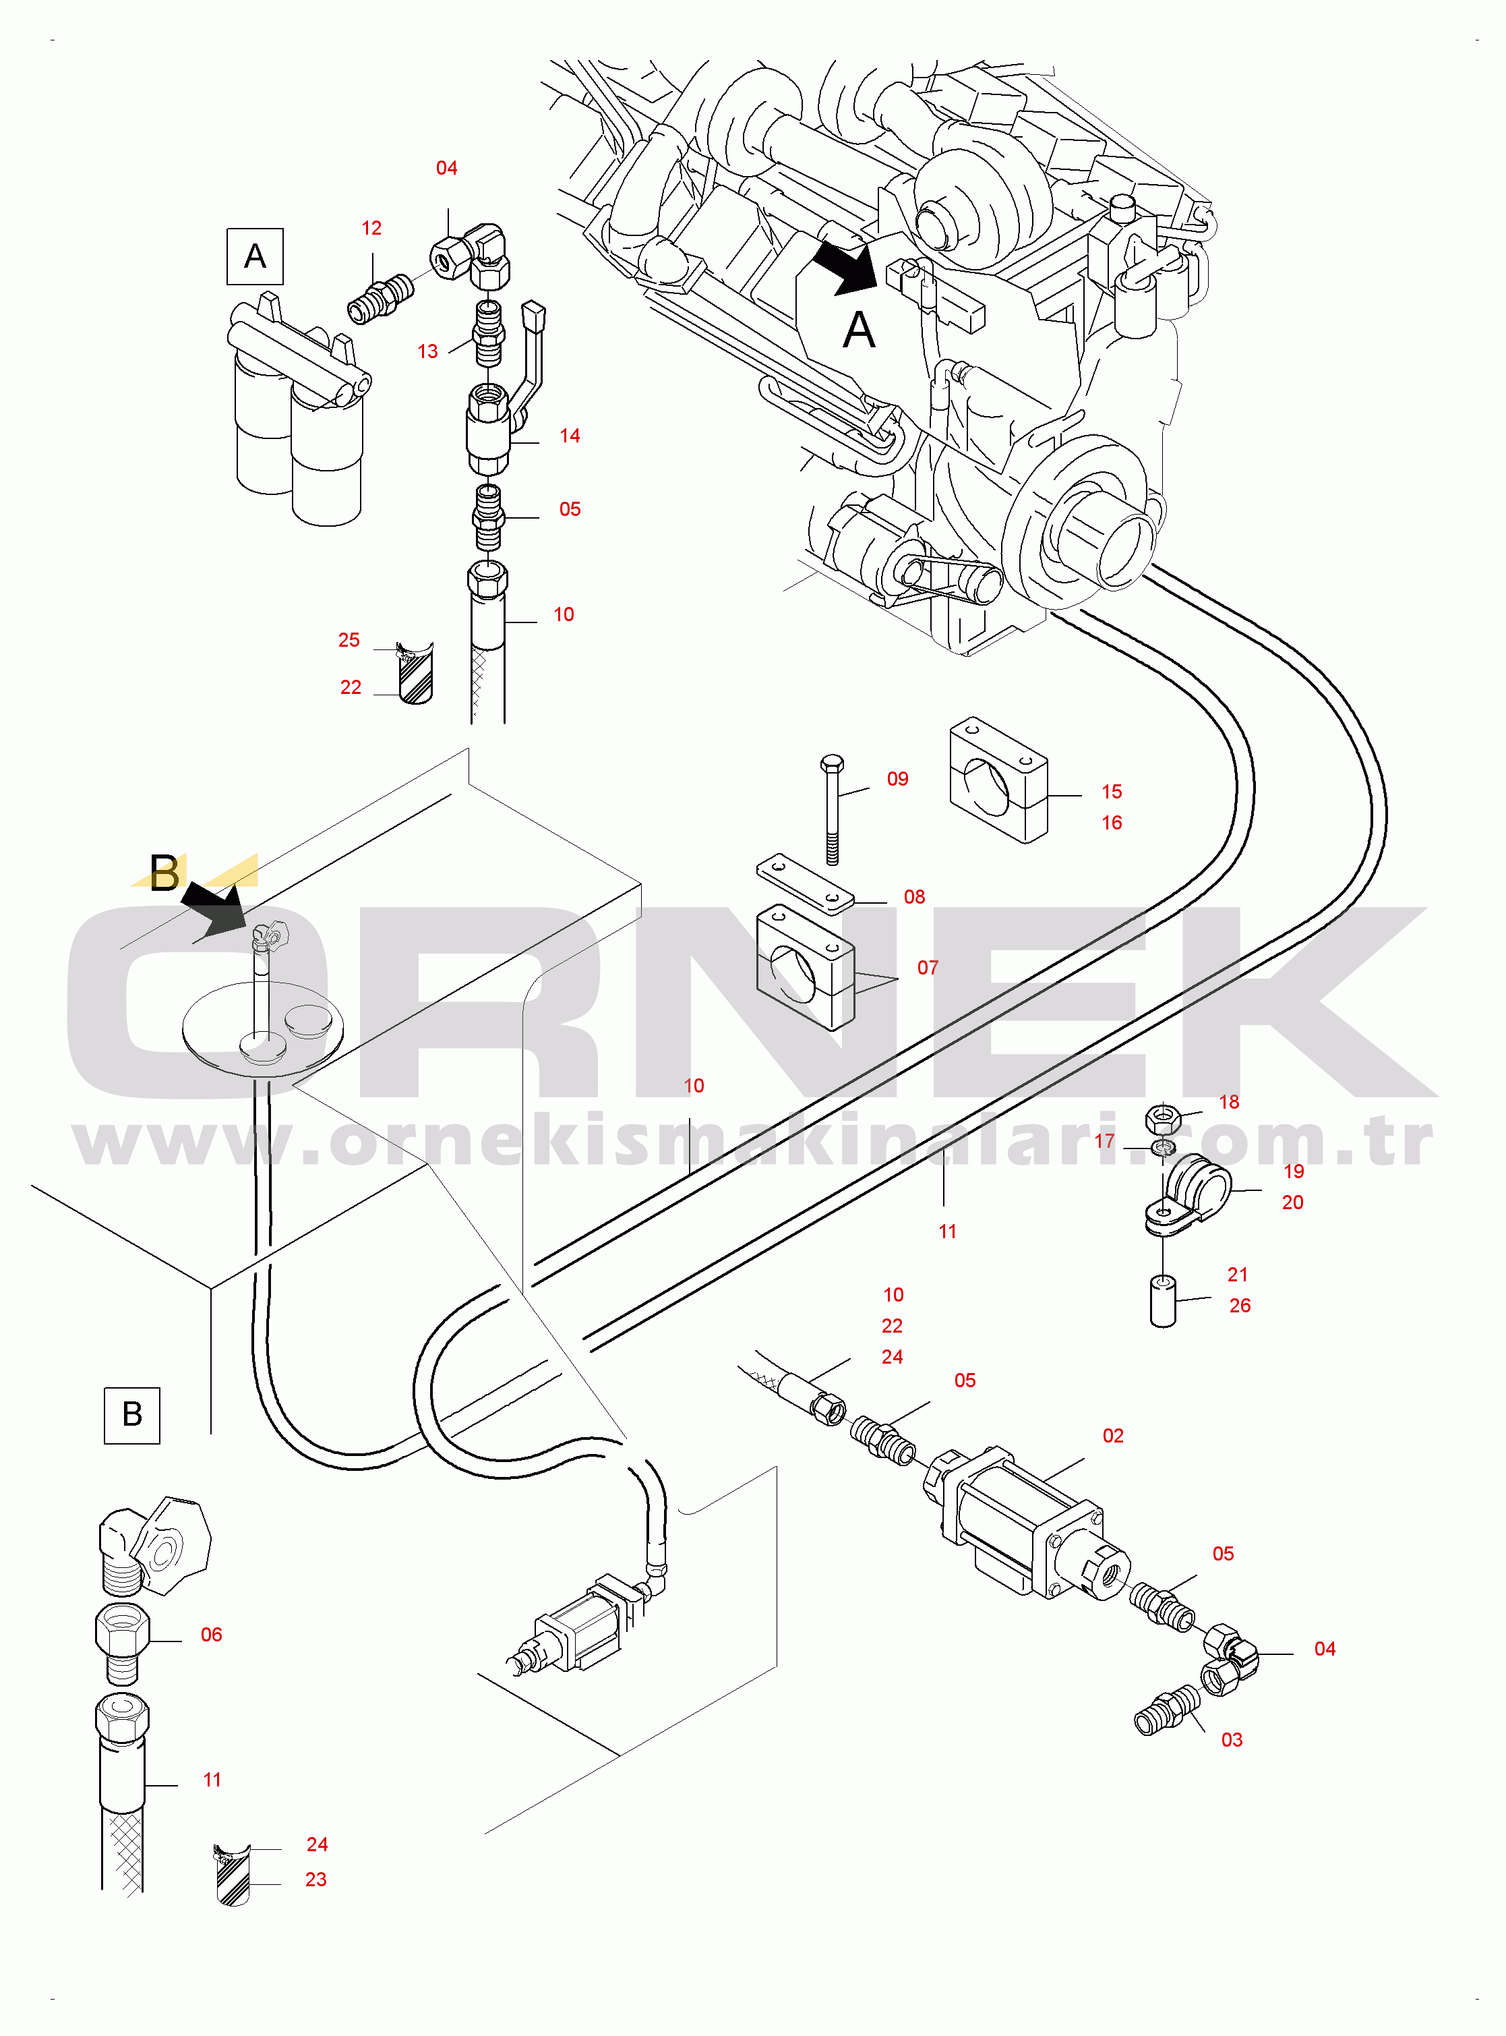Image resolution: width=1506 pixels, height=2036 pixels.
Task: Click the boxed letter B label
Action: (x=132, y=1415)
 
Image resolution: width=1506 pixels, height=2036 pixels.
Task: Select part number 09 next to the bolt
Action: (x=898, y=779)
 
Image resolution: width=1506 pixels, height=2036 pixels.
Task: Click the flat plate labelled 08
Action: (x=805, y=883)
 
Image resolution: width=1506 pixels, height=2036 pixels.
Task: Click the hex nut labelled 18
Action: (x=1162, y=1115)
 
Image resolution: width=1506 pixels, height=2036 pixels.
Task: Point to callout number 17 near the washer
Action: (x=1104, y=1140)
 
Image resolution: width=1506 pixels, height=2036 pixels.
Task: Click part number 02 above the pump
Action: (x=1113, y=1435)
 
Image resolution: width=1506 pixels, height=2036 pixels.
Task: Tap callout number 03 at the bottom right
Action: (x=1232, y=1740)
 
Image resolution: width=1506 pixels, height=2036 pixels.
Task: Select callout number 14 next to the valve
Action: (x=570, y=436)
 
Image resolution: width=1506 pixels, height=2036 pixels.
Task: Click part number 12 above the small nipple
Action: (x=371, y=228)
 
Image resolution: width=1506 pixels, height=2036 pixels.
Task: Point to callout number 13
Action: (x=427, y=351)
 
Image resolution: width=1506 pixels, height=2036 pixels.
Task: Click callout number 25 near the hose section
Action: (x=349, y=640)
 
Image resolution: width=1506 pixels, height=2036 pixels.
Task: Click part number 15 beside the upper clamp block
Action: (x=1111, y=792)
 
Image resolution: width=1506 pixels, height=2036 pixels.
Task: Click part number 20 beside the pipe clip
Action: (x=1293, y=1202)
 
